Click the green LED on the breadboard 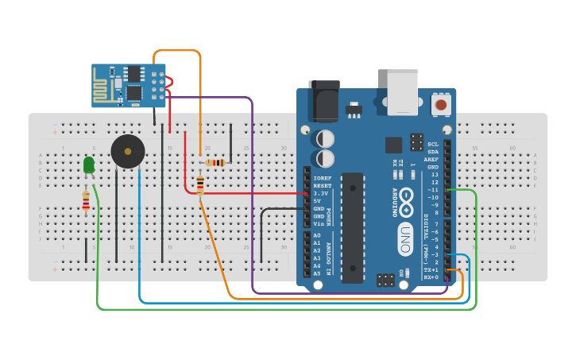click(89, 165)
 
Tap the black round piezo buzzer click(127, 151)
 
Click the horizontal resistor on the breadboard click(215, 163)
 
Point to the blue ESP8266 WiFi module click(128, 85)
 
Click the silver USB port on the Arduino click(402, 92)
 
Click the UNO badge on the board click(405, 239)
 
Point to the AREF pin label click(431, 159)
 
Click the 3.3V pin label click(321, 193)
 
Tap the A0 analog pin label click(317, 235)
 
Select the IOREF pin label click(323, 178)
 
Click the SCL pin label click(433, 144)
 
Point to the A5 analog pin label click(317, 273)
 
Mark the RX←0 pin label click(431, 277)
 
